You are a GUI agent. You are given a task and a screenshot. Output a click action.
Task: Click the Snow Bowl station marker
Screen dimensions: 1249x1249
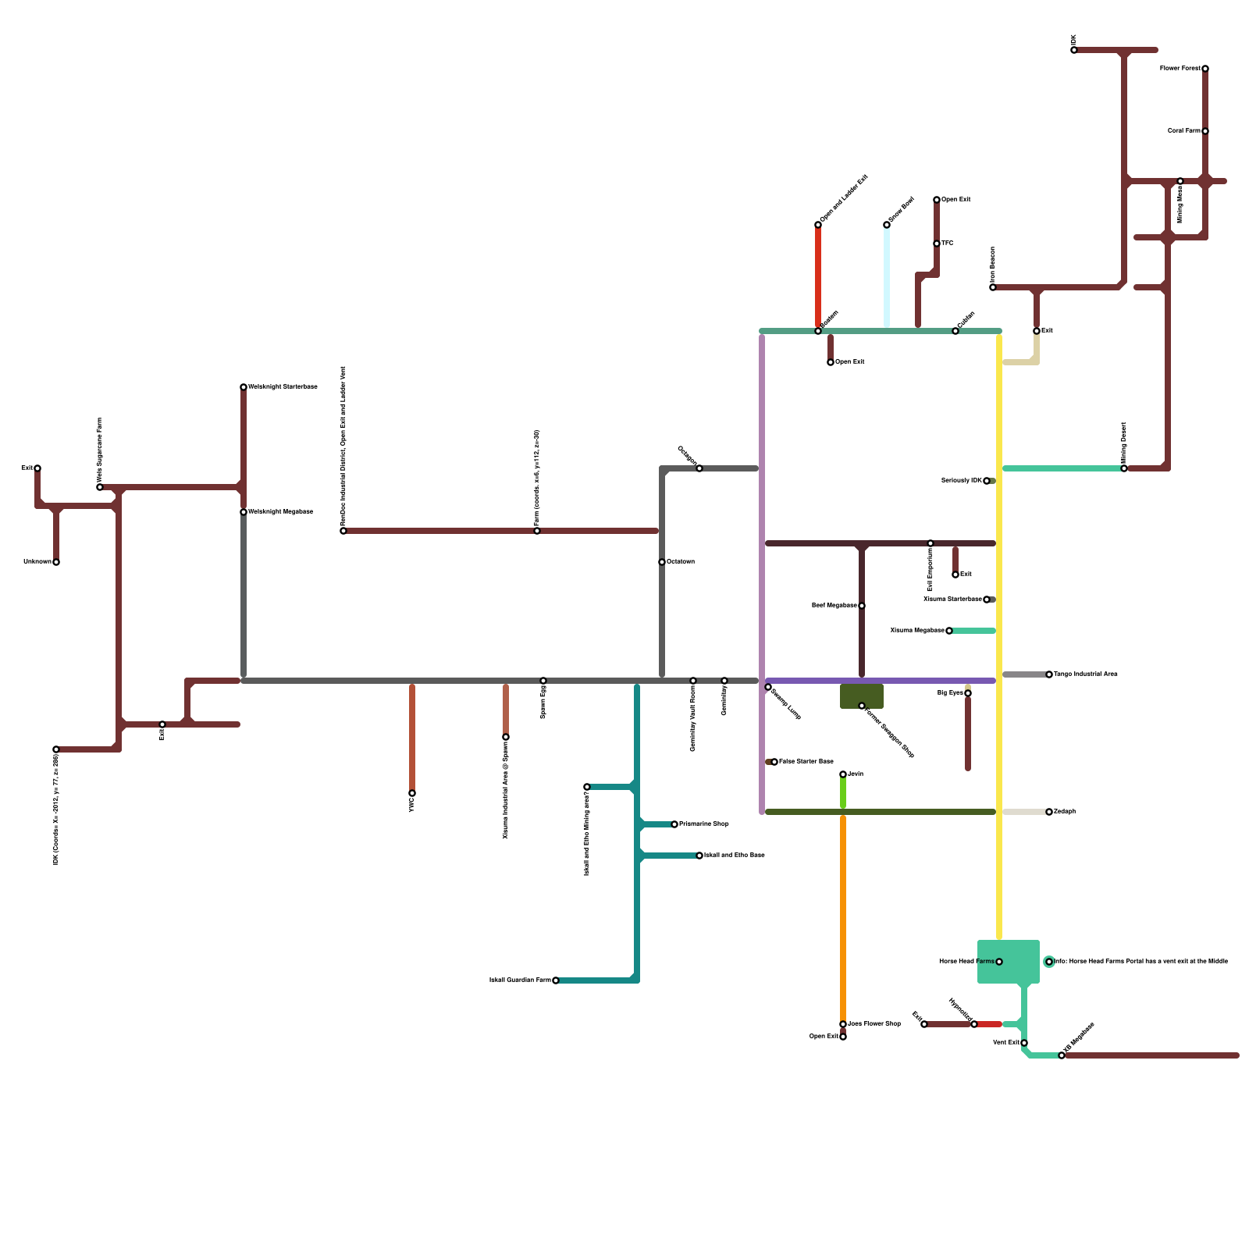(x=887, y=225)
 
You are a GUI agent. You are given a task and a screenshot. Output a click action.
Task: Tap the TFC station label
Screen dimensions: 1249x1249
(x=948, y=244)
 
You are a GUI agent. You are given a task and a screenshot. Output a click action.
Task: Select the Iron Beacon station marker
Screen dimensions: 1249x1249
(x=993, y=287)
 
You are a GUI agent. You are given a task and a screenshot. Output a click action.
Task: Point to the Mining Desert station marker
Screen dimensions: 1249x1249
(x=1124, y=468)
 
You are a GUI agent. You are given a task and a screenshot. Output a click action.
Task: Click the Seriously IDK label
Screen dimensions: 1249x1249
(x=961, y=481)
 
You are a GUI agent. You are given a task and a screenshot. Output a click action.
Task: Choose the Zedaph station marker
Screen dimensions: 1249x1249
(x=1049, y=812)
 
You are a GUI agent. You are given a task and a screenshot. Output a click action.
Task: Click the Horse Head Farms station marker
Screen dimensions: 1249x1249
(x=999, y=962)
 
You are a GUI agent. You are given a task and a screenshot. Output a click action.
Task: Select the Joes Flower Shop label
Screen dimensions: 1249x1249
(x=874, y=1024)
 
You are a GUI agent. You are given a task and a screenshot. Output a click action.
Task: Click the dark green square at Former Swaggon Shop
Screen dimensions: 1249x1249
(x=862, y=696)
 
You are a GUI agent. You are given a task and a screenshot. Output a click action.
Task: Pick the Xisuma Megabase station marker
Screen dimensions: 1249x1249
(x=949, y=631)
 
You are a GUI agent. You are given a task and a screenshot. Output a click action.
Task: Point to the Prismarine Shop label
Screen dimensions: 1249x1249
(x=704, y=824)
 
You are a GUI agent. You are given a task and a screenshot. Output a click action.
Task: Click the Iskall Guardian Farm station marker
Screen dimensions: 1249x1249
(x=556, y=980)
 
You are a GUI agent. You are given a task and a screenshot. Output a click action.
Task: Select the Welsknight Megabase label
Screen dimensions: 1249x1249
(x=280, y=512)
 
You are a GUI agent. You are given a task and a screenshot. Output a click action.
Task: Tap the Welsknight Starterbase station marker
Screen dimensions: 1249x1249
(x=244, y=387)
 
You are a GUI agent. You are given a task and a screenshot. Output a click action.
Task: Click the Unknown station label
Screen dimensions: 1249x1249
(x=37, y=562)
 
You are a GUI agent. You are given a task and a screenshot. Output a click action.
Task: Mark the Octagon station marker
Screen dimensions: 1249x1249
(x=699, y=468)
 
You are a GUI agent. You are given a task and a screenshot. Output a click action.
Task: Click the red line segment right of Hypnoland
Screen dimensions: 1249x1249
(x=989, y=1024)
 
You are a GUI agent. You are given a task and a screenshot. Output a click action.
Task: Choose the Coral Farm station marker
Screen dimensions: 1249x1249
(x=1205, y=131)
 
